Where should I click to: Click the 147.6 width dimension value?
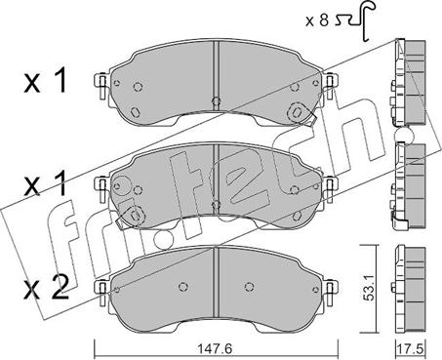(215, 349)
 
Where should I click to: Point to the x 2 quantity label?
(47, 287)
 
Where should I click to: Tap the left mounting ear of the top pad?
(101, 85)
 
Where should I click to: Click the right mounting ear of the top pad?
(331, 85)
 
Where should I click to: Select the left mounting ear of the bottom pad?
(101, 293)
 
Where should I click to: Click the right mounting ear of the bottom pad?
(331, 293)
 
